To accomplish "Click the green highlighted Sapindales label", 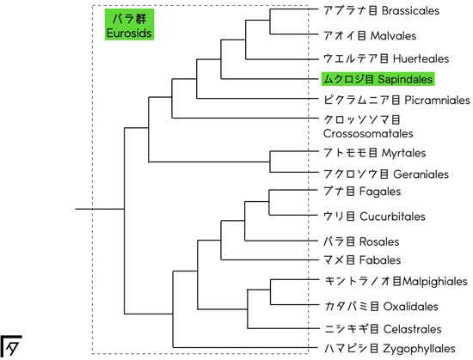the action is [378, 79].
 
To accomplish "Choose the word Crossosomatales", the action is [368, 133].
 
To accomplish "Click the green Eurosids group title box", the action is [129, 24].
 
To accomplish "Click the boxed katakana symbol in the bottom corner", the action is [11, 346].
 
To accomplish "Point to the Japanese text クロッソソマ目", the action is [362, 120].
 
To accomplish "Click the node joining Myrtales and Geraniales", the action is [270, 162].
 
